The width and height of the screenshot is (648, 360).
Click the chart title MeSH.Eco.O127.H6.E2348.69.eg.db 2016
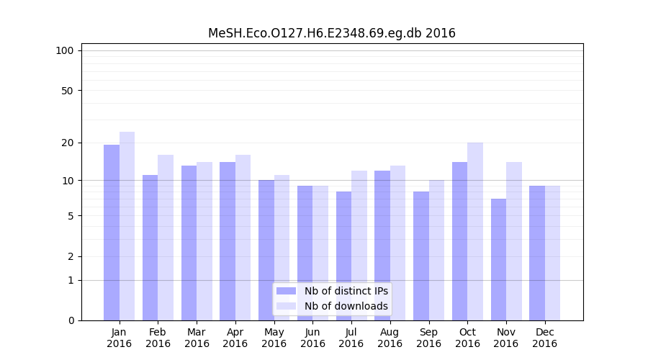[x=331, y=33]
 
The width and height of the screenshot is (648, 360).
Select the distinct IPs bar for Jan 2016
[x=112, y=232]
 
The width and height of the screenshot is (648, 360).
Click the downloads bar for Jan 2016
[x=127, y=225]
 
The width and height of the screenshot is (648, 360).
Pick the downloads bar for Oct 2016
[x=475, y=231]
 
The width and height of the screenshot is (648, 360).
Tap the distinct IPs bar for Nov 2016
[x=498, y=259]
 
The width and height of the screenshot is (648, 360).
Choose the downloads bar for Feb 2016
[x=166, y=237]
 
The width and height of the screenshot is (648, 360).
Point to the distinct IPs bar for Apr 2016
[x=228, y=240]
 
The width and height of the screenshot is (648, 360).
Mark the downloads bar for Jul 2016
[x=359, y=245]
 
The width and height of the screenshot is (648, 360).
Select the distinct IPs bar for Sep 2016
[x=421, y=256]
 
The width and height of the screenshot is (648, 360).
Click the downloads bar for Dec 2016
[x=552, y=253]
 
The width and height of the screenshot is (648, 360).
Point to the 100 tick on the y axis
[x=65, y=50]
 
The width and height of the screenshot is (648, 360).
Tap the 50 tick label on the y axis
[x=67, y=91]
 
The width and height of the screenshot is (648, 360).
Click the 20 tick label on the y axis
[x=67, y=143]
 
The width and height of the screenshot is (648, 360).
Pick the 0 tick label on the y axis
[x=71, y=320]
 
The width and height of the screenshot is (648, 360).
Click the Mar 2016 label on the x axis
[x=197, y=338]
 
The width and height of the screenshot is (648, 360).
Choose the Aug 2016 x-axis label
[x=390, y=338]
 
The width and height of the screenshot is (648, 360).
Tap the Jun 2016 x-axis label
[x=312, y=338]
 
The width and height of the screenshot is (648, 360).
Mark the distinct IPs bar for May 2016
[x=266, y=250]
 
